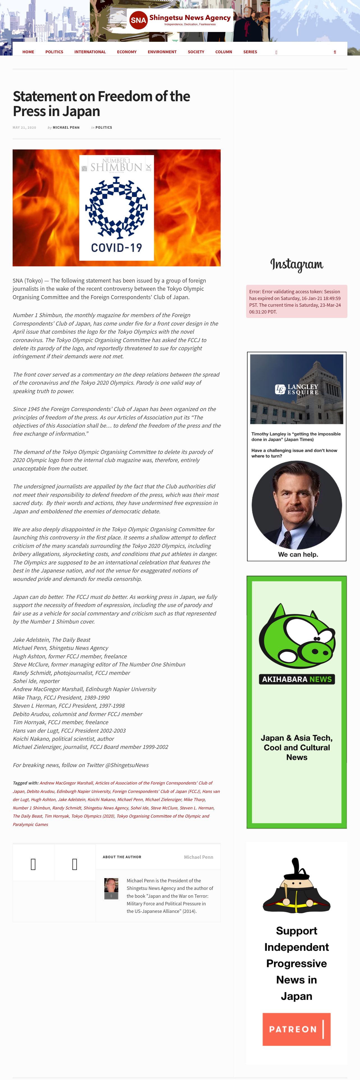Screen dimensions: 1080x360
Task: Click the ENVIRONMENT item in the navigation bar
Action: tap(162, 52)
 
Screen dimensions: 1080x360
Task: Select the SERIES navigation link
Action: tap(250, 52)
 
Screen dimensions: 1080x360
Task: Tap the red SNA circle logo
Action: tap(138, 20)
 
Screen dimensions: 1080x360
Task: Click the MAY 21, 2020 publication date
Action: tap(24, 128)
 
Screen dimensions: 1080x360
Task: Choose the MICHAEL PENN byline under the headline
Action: tap(66, 128)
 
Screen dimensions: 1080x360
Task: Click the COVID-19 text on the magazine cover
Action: tap(117, 248)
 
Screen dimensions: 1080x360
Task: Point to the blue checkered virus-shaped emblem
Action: tap(117, 207)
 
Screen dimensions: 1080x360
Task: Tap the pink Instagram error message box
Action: tap(296, 301)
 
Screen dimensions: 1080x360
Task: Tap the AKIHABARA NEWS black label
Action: tap(297, 679)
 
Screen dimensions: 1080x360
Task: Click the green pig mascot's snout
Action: tap(320, 652)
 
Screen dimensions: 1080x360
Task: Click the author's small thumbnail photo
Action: tap(111, 887)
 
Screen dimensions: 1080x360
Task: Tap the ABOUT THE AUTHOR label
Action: tap(122, 857)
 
